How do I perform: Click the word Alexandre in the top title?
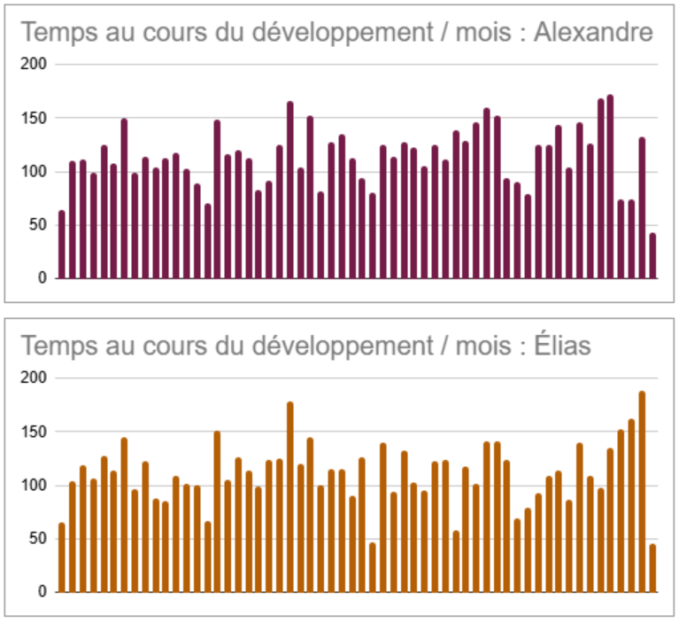(x=593, y=34)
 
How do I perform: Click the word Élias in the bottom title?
(x=562, y=347)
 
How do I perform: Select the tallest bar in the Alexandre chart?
(x=610, y=186)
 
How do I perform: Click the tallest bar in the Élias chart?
(x=642, y=492)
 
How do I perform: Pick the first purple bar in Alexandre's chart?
(x=62, y=245)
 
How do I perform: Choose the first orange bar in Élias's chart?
(x=62, y=557)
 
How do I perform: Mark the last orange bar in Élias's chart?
(x=652, y=568)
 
